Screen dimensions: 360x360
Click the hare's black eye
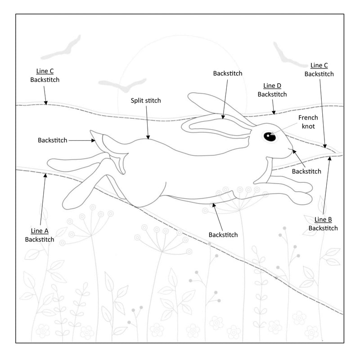(x=270, y=137)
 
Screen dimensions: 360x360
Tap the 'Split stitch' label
(x=146, y=100)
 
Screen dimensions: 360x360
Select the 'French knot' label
(x=308, y=121)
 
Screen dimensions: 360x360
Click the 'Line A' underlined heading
(x=40, y=231)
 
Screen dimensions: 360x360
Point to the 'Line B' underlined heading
(x=323, y=220)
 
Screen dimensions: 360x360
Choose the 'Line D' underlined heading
(x=272, y=85)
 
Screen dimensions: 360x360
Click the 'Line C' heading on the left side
(x=45, y=71)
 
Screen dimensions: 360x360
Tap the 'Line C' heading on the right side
(x=319, y=65)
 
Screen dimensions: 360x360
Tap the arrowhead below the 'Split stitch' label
(x=148, y=137)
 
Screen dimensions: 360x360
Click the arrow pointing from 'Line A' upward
(x=43, y=199)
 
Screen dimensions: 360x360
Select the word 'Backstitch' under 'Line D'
(x=272, y=94)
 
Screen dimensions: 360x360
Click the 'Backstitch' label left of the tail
(x=52, y=140)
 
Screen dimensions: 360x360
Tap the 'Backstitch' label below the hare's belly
(x=223, y=235)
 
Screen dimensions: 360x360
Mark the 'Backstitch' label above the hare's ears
(x=228, y=73)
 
